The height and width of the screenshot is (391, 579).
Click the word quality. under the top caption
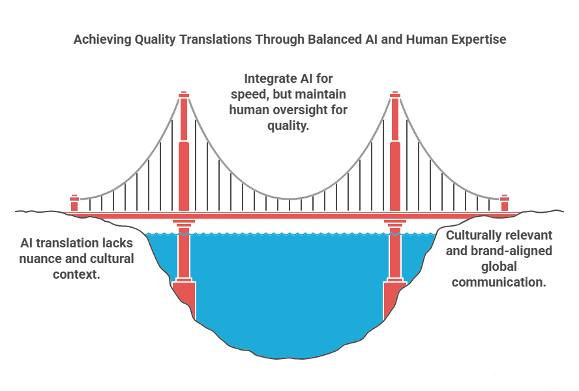(288, 125)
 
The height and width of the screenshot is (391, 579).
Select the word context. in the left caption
(76, 274)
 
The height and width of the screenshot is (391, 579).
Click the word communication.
(499, 283)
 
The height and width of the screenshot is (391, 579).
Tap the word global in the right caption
(499, 267)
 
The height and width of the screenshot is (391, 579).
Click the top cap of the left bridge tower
(184, 95)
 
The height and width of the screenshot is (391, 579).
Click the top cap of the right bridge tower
(395, 95)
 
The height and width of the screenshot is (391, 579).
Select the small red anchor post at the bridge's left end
(74, 203)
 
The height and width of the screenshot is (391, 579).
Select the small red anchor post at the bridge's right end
(505, 203)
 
